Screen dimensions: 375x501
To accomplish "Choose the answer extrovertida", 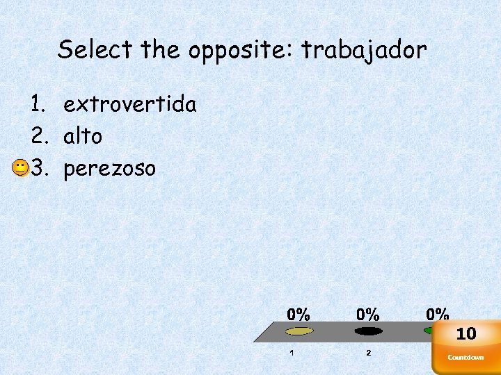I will coord(129,105).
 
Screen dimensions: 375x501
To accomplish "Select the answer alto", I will coord(82,136).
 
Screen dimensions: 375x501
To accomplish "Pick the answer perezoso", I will coord(109,168).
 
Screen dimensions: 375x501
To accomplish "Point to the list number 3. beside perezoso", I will coord(38,168).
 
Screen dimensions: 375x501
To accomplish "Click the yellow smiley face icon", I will coord(20,167).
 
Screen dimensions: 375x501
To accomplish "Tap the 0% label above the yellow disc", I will coord(299,314).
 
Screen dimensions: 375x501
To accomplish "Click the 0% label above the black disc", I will coord(368,314).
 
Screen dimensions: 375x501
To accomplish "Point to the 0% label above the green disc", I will coord(438,314).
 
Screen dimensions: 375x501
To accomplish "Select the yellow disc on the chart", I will coord(300,331).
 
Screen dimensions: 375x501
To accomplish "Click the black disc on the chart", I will coord(368,331).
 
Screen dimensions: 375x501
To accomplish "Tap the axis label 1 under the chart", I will coord(292,353).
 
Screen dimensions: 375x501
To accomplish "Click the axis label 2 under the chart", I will coord(369,353).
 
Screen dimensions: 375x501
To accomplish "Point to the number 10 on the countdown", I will coord(466,334).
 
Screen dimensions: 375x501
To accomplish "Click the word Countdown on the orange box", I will coord(466,358).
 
